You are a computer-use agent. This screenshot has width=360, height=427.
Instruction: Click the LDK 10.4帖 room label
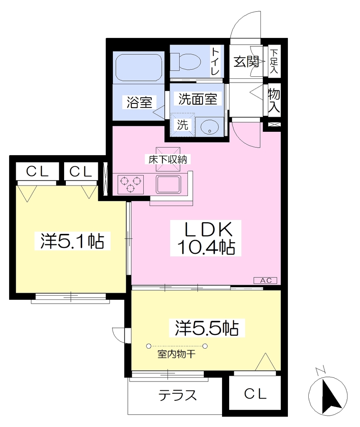pos(206,238)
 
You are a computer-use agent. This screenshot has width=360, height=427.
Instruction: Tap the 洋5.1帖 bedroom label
pos(72,241)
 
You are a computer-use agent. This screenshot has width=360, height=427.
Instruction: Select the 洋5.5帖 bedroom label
pos(207,328)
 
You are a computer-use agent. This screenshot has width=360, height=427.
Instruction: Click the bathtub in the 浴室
pos(139,67)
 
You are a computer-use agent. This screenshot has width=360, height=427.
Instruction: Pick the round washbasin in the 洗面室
pos(210,127)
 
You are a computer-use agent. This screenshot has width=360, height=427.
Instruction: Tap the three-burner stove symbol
pos(130,184)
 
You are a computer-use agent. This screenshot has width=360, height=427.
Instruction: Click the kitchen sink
pos(168,184)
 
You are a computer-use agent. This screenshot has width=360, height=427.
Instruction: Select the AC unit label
pos(265,280)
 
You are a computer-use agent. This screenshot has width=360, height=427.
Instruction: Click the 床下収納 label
pos(167,159)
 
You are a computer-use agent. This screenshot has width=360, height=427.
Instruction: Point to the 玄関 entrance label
pos(246,62)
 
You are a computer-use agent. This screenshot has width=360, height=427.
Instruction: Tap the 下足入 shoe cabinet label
pos(274,62)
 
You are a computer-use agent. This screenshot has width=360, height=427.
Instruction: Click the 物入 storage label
pos(274,100)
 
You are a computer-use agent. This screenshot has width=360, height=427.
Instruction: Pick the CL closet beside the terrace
pos(255,394)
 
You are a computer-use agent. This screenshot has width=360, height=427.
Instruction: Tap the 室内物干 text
pos(176,354)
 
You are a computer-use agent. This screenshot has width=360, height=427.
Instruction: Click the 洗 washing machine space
pos(182,125)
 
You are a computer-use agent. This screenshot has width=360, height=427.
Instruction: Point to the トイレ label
pos(215,61)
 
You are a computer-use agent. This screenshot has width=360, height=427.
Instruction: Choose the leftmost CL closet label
pos(37,171)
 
